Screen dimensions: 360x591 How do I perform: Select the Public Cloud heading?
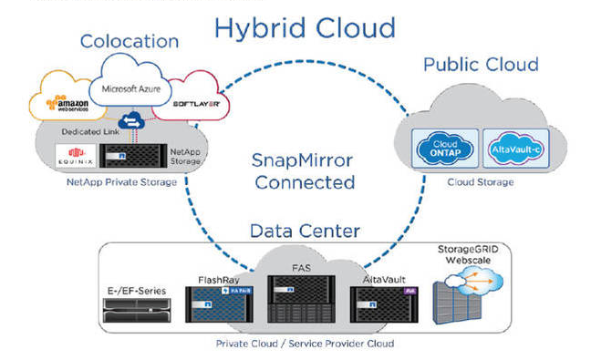point(481,65)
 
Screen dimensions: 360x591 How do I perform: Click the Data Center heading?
point(305,231)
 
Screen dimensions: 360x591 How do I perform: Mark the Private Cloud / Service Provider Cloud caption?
point(306,344)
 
